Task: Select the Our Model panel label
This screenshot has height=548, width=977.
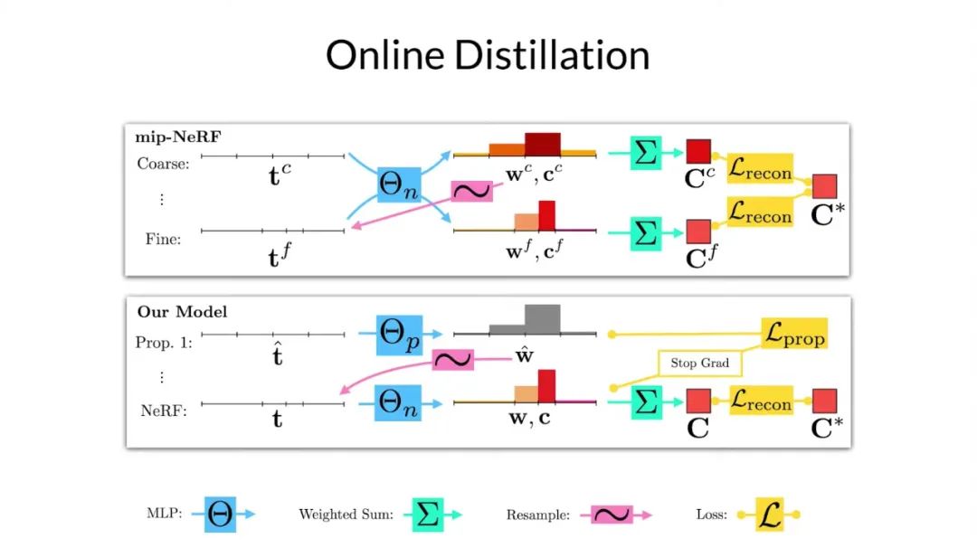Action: point(182,312)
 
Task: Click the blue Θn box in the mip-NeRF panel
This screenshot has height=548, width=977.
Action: point(397,190)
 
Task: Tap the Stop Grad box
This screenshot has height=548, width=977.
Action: point(699,364)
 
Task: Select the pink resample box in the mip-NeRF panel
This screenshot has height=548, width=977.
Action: point(471,191)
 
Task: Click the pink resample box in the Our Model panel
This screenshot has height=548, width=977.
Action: point(453,360)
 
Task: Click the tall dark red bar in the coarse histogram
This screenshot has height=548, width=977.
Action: point(543,145)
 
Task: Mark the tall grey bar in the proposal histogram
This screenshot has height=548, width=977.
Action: point(542,319)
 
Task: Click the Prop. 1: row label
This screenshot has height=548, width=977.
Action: point(165,343)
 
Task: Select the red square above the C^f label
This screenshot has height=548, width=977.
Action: point(697,231)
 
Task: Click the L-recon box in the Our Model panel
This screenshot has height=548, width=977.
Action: point(760,401)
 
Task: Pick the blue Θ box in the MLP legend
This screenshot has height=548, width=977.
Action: point(221,513)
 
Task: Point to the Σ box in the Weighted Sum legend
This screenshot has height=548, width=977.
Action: point(429,513)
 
